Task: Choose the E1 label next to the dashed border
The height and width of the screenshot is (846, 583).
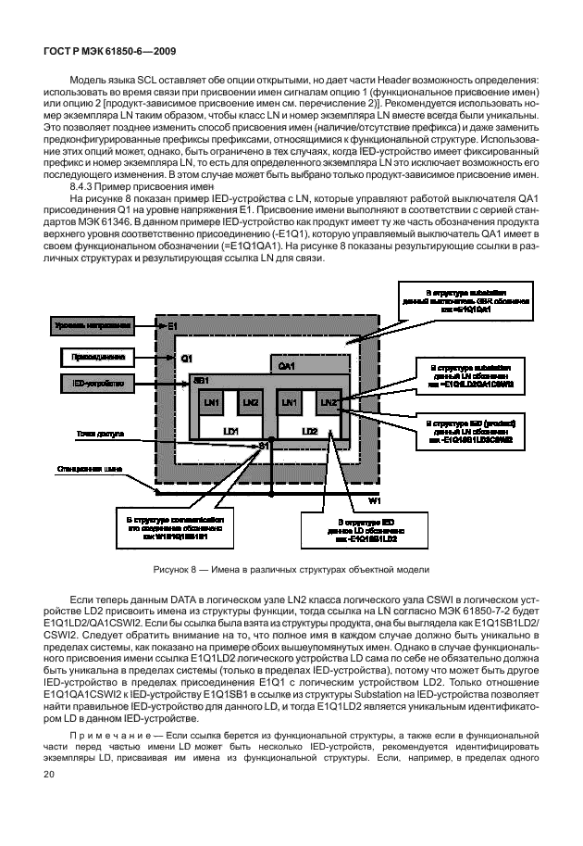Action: coord(172,326)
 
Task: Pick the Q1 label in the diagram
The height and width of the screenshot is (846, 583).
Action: coord(186,356)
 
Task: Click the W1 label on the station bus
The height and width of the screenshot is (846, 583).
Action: coord(375,500)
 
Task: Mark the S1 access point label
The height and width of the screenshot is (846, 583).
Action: coord(265,447)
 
